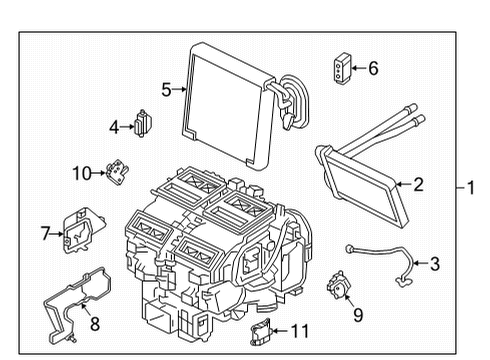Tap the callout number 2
[419, 183]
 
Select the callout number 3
[434, 264]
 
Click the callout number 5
[167, 89]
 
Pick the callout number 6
[373, 68]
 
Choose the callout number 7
[45, 233]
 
